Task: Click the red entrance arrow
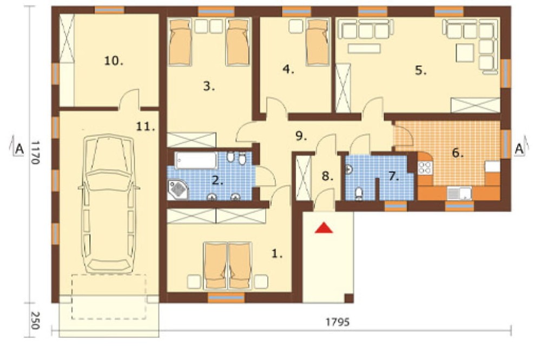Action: [x=324, y=228]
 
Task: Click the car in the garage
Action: [x=109, y=204]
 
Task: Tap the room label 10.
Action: [x=114, y=61]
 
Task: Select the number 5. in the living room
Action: [x=420, y=70]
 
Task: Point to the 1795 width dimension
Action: [x=338, y=322]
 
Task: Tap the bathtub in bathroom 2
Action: [x=196, y=161]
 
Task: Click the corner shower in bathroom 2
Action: [x=177, y=190]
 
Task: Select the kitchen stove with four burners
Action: [x=425, y=168]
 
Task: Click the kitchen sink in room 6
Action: [x=459, y=193]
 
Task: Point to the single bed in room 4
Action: [x=318, y=42]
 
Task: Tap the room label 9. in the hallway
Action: [x=301, y=136]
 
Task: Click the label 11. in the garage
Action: [x=145, y=126]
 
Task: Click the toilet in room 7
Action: [x=359, y=194]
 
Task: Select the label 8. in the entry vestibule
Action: [x=327, y=176]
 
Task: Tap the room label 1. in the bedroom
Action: [x=276, y=254]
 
